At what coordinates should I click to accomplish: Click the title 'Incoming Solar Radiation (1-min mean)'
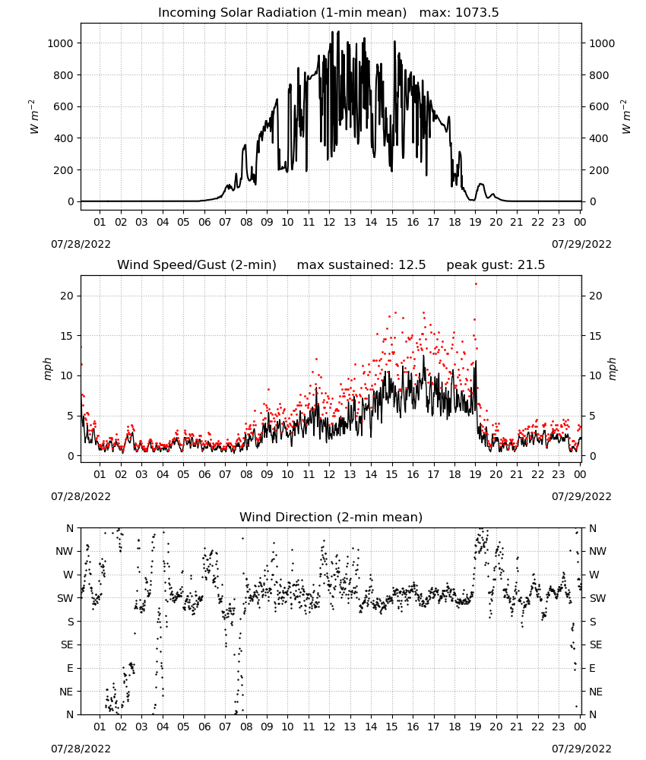pos(282,13)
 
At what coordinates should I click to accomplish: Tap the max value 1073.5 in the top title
pos(477,13)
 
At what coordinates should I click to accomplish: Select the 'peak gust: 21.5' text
pos(496,265)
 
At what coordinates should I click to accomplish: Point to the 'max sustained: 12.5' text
pos(361,265)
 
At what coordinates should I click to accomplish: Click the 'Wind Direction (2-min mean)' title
pos(331,517)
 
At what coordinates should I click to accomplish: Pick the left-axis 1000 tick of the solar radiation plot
pos(60,43)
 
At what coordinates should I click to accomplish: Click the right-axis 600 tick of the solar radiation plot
pos(599,106)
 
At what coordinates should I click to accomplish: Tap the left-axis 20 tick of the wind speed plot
pos(67,296)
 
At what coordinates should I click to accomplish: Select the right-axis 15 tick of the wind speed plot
pos(595,336)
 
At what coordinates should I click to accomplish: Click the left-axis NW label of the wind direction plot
pos(65,551)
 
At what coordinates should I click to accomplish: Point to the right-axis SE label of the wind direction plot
pos(596,644)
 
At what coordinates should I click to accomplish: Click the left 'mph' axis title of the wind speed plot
pos(47,369)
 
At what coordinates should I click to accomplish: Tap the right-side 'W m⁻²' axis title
pos(625,117)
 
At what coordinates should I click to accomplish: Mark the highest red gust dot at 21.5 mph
pos(476,283)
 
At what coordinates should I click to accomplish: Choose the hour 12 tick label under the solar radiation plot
pos(329,222)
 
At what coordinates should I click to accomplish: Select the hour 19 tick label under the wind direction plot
pos(476,727)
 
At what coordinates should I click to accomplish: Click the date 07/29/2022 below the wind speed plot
pos(581,496)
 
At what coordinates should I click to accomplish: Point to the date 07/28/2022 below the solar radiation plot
pos(81,244)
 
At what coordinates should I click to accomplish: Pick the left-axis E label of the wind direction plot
pos(70,668)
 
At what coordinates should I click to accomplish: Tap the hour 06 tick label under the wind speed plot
pos(204,474)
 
